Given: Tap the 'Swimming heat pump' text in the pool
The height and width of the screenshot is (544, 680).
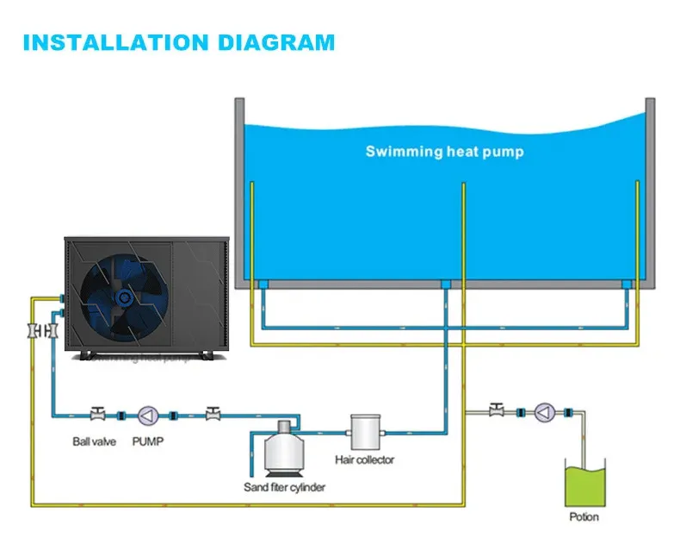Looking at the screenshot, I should pos(444,152).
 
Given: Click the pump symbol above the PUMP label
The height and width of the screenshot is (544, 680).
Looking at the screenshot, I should pos(148,415).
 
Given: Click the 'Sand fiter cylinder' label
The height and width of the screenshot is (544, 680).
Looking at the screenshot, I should pos(285,488).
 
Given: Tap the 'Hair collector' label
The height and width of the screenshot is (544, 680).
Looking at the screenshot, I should pos(364,460).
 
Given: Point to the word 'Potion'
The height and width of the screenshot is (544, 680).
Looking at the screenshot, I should pos(584,516).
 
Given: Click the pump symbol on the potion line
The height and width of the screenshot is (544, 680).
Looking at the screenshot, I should pos(543,413).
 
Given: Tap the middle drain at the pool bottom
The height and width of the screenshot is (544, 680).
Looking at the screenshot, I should pos(445,284).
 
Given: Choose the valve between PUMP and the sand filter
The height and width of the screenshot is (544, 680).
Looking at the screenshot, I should pos(210,414).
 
